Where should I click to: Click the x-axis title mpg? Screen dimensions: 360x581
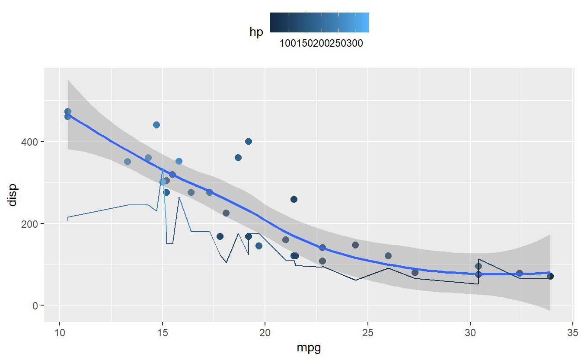pyautogui.click(x=309, y=347)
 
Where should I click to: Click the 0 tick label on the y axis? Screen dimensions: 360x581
pyautogui.click(x=36, y=306)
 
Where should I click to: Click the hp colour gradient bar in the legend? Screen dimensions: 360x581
pyautogui.click(x=319, y=22)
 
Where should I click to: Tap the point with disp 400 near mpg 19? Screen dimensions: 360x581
pyautogui.click(x=249, y=141)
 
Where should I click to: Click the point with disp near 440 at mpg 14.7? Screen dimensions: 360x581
pyautogui.click(x=156, y=125)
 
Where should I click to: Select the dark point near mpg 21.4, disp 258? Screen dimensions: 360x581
pyautogui.click(x=294, y=199)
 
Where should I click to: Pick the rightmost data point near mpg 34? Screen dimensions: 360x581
pyautogui.click(x=550, y=276)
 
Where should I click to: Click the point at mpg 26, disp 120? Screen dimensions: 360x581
pyautogui.click(x=388, y=256)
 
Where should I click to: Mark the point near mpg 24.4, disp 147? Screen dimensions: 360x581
pyautogui.click(x=355, y=245)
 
